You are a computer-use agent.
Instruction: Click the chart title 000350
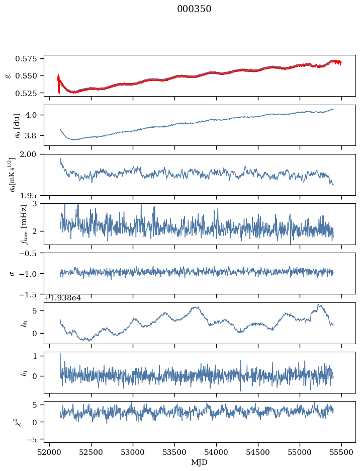(x=194, y=9)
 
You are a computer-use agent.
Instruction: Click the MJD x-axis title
(x=200, y=462)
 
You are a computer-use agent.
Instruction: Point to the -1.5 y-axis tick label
(x=32, y=294)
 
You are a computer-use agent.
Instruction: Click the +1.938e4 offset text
(x=62, y=298)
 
